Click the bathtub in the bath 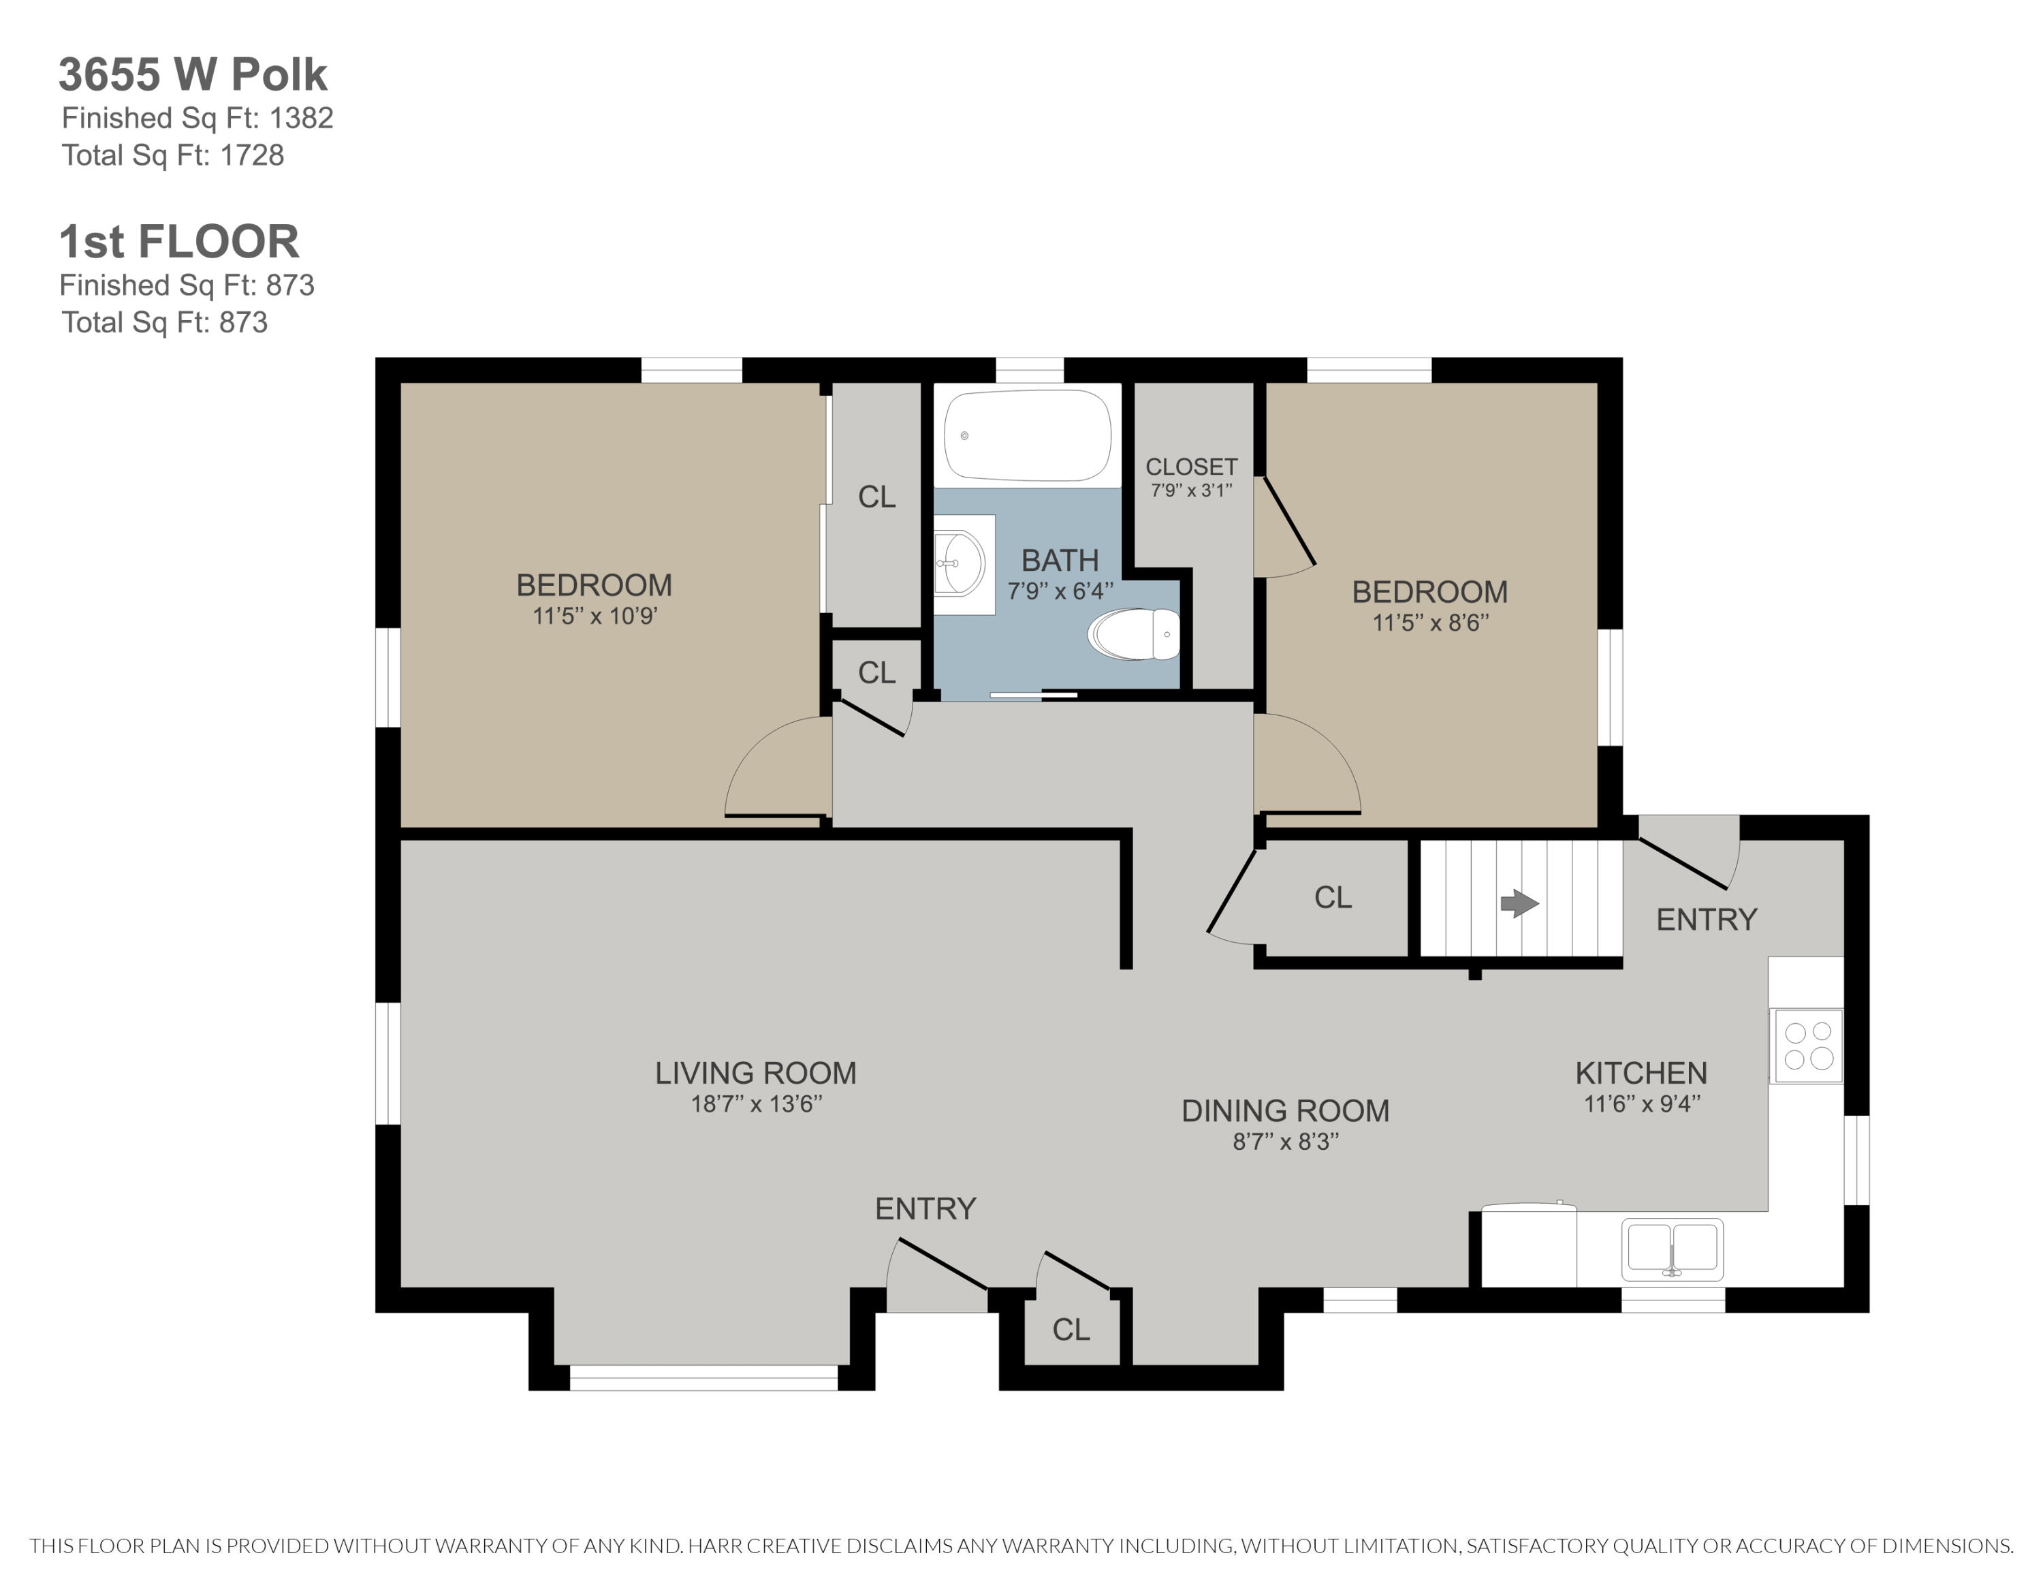1027,435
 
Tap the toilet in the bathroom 1135,634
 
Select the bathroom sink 961,563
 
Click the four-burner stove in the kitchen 1807,1045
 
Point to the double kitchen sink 1672,1248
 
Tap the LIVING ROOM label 755,1072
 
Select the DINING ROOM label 1284,1110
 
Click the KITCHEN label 1641,1072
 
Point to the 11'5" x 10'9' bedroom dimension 595,616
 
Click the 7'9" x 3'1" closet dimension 1191,490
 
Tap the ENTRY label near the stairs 1706,920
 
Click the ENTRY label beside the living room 925,1208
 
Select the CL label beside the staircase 1332,897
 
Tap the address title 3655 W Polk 193,75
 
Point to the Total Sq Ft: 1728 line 172,155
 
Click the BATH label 1059,561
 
